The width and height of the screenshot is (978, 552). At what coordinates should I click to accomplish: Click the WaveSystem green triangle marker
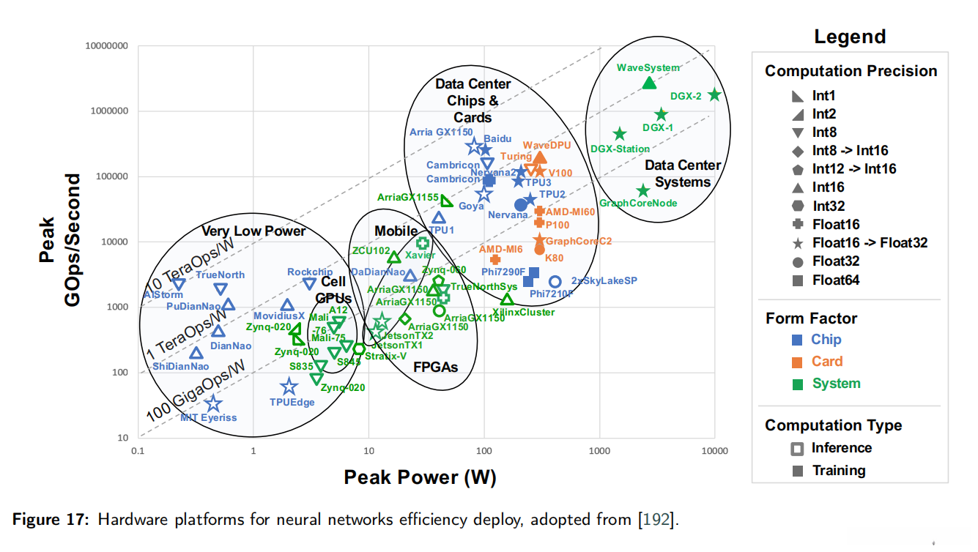point(648,83)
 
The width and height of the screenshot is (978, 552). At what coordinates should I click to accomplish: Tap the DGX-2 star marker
point(715,95)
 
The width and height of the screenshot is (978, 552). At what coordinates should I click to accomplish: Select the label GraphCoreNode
point(638,203)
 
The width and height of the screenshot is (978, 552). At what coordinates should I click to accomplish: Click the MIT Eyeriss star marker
point(213,403)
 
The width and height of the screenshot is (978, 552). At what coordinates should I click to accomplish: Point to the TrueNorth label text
point(220,275)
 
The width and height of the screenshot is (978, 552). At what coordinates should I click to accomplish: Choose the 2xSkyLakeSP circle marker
point(555,282)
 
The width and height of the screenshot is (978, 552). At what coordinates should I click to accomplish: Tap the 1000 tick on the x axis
point(600,451)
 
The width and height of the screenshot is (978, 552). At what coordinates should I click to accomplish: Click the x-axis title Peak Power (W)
point(420,478)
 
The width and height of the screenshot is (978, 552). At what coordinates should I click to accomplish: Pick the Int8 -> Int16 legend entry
point(850,151)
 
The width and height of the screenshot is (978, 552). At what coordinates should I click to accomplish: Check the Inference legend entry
point(841,448)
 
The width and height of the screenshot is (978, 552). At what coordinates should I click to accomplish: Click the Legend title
point(850,37)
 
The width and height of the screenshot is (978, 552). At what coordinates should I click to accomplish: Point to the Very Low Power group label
point(253,231)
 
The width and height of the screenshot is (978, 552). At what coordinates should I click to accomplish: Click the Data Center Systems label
point(683,174)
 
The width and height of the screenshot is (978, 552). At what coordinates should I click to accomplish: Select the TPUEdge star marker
point(289,387)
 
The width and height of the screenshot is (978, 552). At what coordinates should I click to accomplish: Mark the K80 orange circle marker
point(539,249)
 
